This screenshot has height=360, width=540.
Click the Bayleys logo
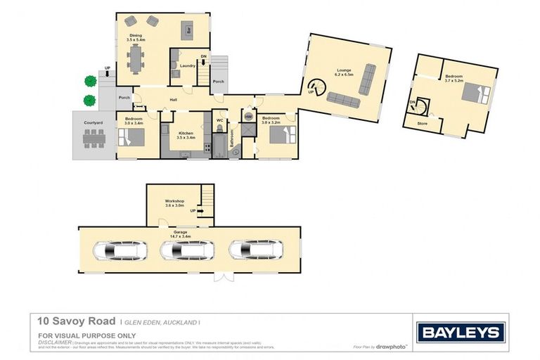pyautogui.click(x=461, y=332)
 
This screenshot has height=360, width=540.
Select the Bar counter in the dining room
pyautogui.click(x=187, y=30)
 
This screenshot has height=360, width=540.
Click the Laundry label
pyautogui.click(x=187, y=66)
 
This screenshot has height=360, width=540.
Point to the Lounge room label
pyautogui.click(x=344, y=70)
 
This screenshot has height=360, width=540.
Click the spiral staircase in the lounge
pyautogui.click(x=318, y=86)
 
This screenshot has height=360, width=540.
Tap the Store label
pyautogui.click(x=423, y=123)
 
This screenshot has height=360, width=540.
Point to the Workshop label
pyautogui.click(x=174, y=201)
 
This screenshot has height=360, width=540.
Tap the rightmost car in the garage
pyautogui.click(x=257, y=250)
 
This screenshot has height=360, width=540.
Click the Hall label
pyautogui.click(x=174, y=100)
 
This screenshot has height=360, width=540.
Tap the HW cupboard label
pyautogui.click(x=248, y=117)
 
